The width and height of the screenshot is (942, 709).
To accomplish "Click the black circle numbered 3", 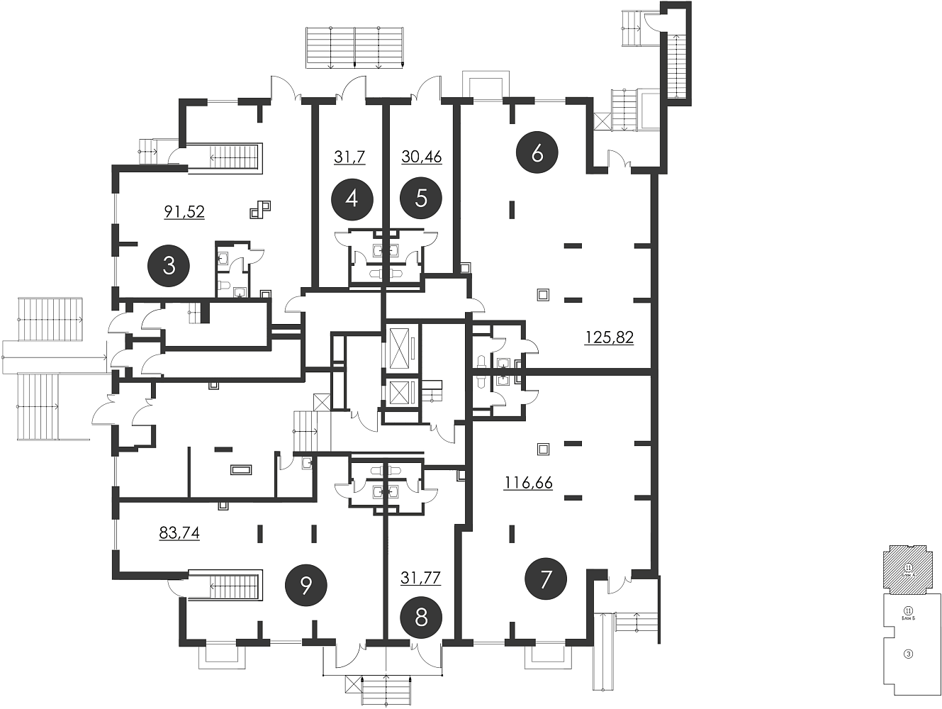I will point(169,266).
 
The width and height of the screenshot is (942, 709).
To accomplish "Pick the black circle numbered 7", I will point(545,579).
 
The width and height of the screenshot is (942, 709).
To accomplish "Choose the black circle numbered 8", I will point(421,618).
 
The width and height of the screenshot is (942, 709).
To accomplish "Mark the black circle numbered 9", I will point(305,585).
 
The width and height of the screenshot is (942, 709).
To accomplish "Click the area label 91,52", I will point(184,211).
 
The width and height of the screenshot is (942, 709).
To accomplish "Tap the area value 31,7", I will point(349,157).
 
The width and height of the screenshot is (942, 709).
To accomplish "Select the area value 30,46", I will point(421,157).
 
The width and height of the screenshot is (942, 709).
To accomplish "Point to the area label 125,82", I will point(609,337).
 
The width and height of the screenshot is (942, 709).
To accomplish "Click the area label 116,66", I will point(528,484).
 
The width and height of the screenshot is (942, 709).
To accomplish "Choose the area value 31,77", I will point(421,578).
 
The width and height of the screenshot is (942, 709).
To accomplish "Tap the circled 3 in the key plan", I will point(908,654).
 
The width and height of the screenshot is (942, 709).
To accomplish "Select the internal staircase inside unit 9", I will point(236,586).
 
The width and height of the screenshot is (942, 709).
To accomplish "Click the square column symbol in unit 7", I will point(544,448).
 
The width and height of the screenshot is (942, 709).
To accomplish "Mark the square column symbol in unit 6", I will point(544,294).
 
